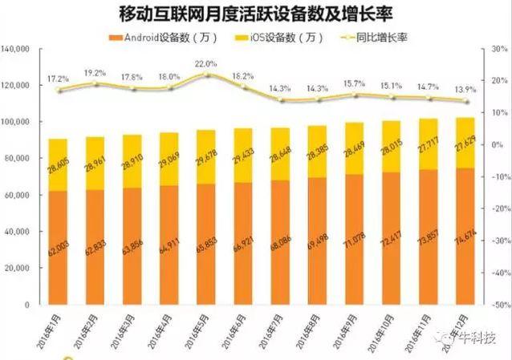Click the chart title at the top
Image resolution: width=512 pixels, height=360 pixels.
point(255,14)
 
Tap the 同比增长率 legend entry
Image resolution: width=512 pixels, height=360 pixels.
point(376,37)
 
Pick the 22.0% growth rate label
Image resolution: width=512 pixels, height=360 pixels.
point(206,63)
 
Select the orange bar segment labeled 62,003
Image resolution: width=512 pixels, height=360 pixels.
point(58,249)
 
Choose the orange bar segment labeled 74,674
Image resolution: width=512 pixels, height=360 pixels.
point(463,237)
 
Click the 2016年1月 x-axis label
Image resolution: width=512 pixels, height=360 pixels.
point(55,330)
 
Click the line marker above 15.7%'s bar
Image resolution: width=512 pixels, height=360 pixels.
point(353,95)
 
